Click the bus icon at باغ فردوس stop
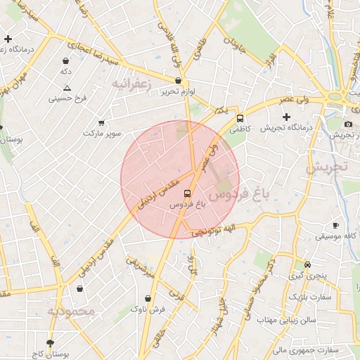(x=186, y=193)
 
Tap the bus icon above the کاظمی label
(x=240, y=118)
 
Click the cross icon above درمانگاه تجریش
(x=286, y=116)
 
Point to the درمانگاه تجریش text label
(x=286, y=128)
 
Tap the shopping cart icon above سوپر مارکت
(x=102, y=122)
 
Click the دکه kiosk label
(x=66, y=72)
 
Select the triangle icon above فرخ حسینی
(x=67, y=88)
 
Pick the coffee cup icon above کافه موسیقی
(x=335, y=225)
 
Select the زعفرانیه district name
(x=131, y=84)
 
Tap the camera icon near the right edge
(x=348, y=124)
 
